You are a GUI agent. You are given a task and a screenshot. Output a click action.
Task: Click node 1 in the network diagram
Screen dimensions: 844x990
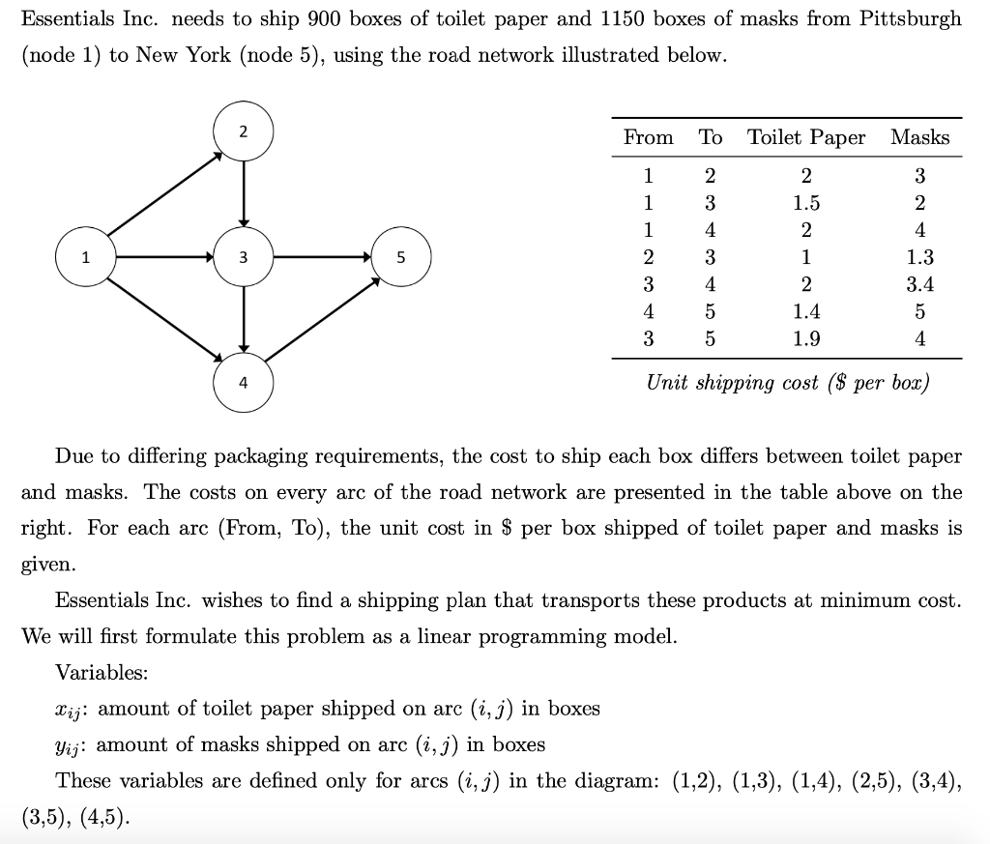point(85,258)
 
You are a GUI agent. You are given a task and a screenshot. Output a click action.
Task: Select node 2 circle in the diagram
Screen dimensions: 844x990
point(244,132)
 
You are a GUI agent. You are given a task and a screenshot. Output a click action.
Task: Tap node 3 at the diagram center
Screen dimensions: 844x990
point(244,258)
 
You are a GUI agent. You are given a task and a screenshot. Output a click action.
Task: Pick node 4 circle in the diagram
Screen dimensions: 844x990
point(244,383)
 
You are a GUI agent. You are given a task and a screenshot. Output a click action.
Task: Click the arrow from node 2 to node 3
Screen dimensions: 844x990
point(244,193)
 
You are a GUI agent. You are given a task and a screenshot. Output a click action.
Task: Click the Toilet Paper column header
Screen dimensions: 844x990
point(806,137)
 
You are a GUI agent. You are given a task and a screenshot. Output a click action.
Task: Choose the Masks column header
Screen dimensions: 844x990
point(919,137)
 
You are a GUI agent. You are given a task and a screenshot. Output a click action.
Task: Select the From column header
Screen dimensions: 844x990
point(649,137)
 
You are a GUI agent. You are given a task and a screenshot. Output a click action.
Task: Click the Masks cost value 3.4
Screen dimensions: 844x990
point(919,284)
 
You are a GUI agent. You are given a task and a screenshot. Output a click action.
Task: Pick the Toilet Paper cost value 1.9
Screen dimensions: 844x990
point(806,338)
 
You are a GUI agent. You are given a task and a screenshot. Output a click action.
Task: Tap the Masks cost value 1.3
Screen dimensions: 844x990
point(919,257)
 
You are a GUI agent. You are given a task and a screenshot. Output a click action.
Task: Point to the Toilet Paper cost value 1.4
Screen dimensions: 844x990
point(806,311)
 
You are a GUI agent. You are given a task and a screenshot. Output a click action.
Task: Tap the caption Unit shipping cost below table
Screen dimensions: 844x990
point(787,382)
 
